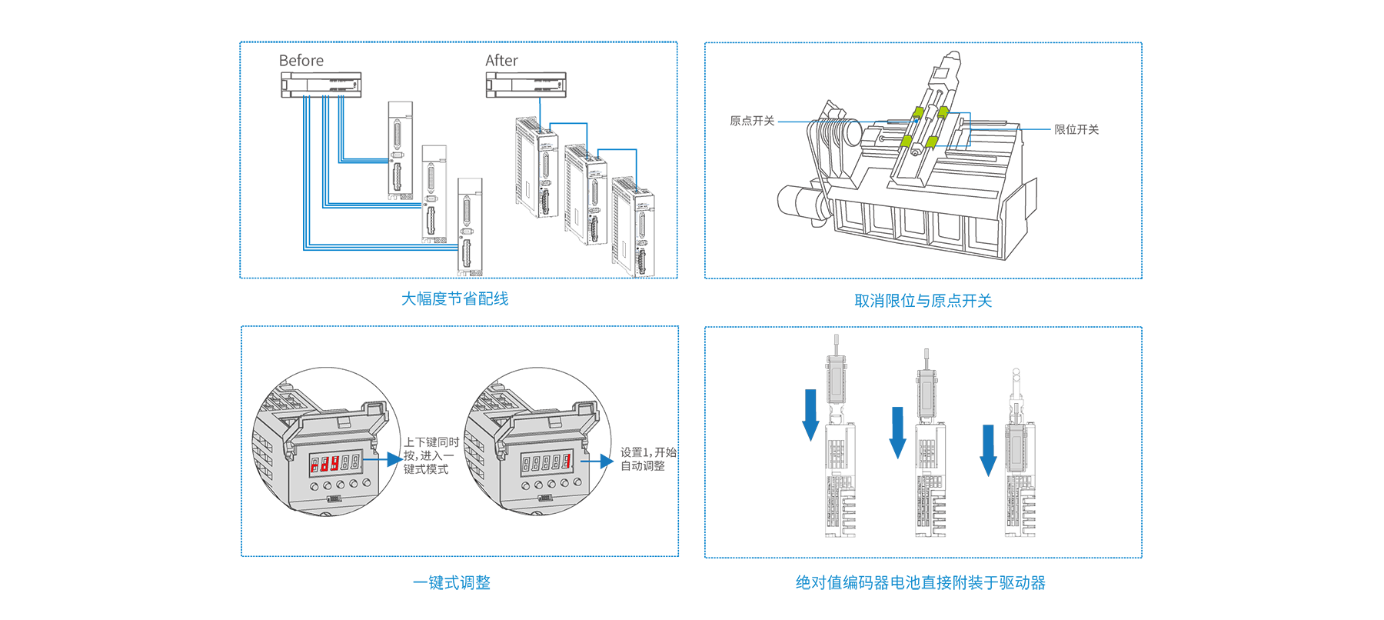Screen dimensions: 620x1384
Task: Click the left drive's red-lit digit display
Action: pos(334,463)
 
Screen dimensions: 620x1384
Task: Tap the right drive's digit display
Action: pos(546,462)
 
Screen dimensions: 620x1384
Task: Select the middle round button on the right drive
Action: pos(552,485)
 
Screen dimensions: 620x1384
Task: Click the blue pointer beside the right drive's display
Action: pos(604,460)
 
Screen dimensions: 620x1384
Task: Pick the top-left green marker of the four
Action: pos(919,114)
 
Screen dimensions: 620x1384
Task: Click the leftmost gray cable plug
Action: pos(835,377)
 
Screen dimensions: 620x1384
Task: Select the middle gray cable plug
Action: pos(928,388)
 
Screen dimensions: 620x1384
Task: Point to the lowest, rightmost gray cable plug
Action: pos(1016,445)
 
